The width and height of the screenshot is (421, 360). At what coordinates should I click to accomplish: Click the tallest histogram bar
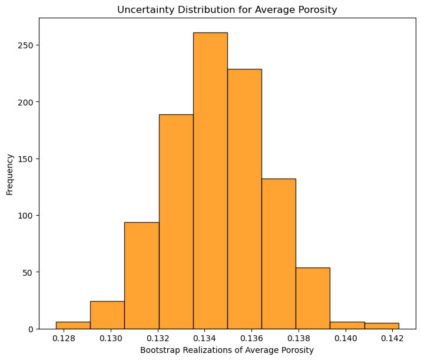tap(211, 181)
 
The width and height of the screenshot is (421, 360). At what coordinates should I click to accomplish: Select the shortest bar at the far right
tap(382, 326)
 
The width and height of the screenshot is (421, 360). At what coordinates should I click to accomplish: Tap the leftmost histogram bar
tap(73, 325)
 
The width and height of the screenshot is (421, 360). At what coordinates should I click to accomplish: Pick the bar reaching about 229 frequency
tap(244, 199)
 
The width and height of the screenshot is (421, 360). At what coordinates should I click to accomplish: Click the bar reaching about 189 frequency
tap(176, 222)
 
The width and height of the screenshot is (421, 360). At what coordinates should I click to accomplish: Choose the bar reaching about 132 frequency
tap(279, 254)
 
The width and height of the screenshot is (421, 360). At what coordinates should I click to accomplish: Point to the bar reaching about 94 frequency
tap(142, 276)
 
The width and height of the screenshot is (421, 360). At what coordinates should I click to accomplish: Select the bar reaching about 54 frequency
tap(313, 298)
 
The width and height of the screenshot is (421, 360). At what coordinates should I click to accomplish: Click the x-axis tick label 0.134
tap(204, 338)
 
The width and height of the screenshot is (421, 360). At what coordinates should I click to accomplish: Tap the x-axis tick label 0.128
tap(64, 338)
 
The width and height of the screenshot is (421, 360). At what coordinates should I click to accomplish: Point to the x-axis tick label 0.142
tap(392, 338)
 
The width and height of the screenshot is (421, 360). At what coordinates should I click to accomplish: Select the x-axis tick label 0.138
tap(299, 338)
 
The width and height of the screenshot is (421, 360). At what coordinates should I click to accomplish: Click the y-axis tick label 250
tap(25, 45)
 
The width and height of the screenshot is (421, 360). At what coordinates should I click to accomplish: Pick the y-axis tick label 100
tap(25, 216)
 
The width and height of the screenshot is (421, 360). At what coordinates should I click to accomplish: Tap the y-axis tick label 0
tap(31, 329)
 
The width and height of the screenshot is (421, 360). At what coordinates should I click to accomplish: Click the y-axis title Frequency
tap(9, 174)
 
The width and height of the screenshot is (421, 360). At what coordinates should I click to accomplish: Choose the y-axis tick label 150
tap(25, 159)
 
